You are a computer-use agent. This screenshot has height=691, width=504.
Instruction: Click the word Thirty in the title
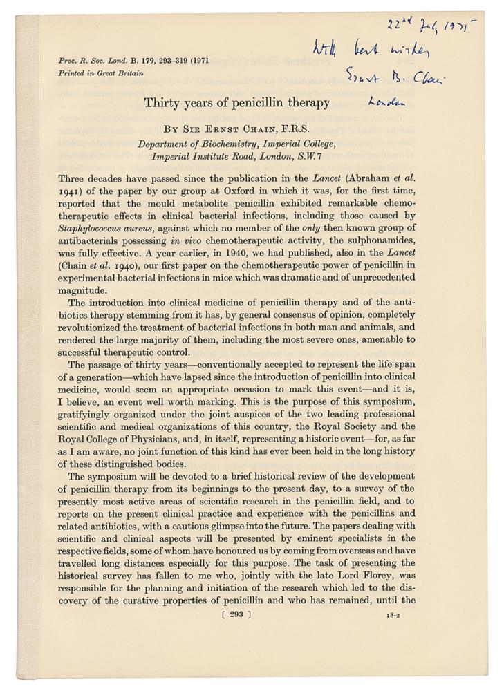160,104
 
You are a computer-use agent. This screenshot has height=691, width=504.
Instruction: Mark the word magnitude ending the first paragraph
78,290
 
